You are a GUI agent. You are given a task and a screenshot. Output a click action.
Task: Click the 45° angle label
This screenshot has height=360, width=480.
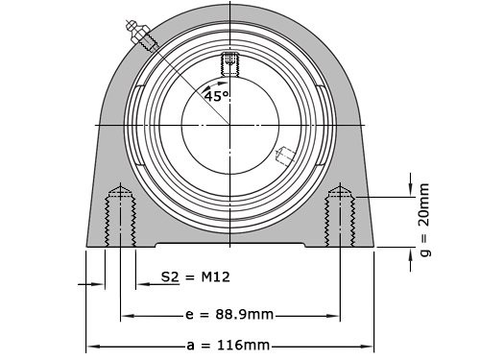(x=216, y=96)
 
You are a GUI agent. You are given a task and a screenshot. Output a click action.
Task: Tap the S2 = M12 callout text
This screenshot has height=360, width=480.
(x=195, y=277)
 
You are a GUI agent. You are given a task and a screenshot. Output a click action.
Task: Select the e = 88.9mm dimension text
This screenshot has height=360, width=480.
(x=229, y=314)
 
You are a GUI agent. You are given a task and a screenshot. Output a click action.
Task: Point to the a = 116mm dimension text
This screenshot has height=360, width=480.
(x=229, y=345)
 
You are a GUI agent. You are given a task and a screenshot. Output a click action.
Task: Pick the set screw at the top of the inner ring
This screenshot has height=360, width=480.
(x=229, y=64)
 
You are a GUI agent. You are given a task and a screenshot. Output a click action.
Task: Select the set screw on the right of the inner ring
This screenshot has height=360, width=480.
(x=286, y=154)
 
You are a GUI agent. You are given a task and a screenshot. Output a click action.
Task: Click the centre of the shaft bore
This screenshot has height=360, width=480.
(x=229, y=125)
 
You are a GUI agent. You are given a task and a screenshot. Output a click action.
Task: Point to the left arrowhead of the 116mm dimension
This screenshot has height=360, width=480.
(x=92, y=345)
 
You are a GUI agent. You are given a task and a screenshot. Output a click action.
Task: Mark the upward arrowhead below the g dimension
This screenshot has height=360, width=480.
(x=410, y=252)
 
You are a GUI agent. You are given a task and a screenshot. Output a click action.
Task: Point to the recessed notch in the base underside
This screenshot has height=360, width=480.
(x=229, y=246)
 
